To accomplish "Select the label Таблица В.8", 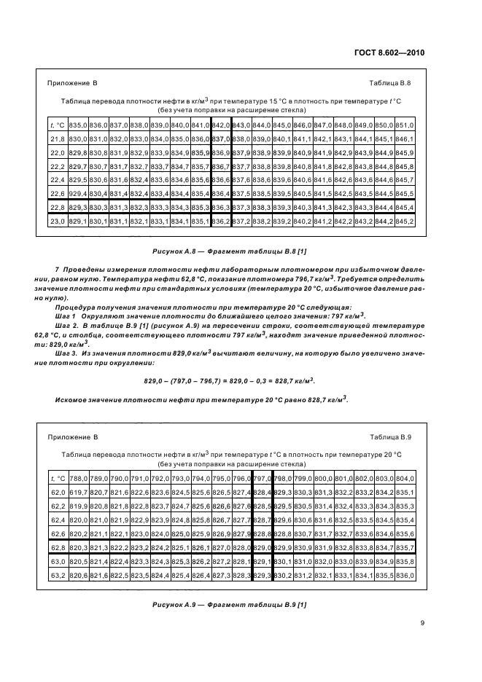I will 390,83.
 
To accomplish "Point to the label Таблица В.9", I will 390,436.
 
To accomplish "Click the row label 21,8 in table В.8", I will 58,138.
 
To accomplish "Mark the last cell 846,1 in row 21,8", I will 405,138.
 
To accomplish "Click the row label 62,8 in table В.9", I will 58,546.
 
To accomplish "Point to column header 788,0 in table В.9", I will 78,478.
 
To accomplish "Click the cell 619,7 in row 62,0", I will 78,492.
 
